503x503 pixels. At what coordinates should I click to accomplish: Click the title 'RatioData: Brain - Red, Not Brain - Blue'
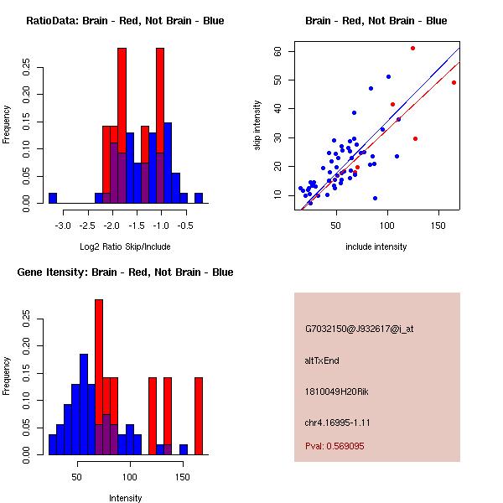125,21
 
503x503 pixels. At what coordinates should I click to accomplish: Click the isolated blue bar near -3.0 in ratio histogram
53,198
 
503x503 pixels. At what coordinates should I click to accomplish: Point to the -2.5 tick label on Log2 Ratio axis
86,226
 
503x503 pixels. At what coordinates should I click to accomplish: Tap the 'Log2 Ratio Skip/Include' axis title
125,246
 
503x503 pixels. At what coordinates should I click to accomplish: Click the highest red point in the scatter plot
412,48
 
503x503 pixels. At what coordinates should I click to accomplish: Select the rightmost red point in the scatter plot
454,82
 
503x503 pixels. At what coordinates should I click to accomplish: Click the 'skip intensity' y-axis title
257,125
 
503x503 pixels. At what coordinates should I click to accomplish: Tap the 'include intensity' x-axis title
376,246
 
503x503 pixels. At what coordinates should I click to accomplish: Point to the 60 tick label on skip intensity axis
277,51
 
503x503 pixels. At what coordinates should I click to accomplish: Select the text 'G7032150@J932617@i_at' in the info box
359,329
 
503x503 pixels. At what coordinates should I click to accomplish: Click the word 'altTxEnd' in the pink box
322,360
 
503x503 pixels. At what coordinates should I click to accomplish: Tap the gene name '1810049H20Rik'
334,392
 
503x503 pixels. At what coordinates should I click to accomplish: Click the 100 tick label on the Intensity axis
130,477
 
